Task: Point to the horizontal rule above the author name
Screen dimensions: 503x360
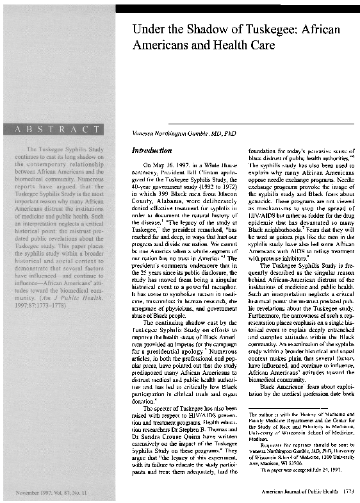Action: pyautogui.click(x=243, y=122)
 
